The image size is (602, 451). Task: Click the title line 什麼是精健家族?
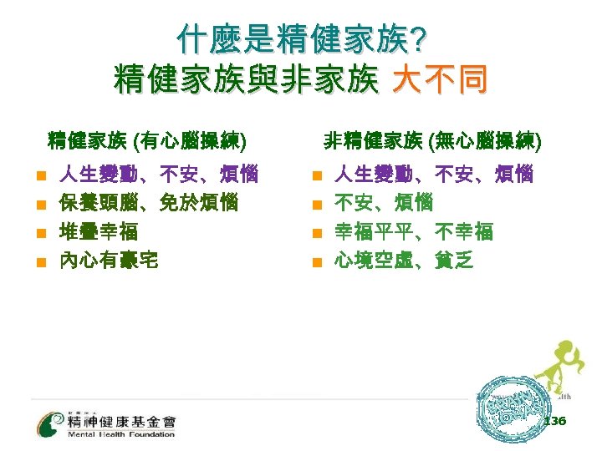click(x=301, y=38)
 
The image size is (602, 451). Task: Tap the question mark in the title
click(x=416, y=38)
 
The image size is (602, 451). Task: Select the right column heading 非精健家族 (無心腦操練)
click(x=432, y=140)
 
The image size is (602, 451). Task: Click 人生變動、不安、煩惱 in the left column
click(x=158, y=175)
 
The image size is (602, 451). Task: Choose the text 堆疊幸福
click(x=98, y=231)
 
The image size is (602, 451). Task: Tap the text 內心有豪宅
click(x=108, y=260)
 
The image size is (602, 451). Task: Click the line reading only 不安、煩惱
click(x=384, y=202)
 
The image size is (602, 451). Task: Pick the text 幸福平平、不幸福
click(x=414, y=231)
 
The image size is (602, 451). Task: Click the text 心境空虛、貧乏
click(x=404, y=260)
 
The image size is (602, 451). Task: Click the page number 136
click(x=554, y=422)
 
